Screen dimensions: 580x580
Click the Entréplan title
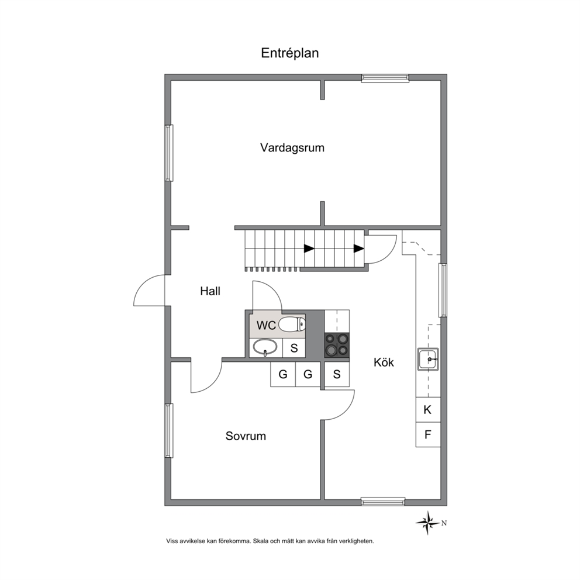coord(289,53)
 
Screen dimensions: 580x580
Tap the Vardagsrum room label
coord(292,147)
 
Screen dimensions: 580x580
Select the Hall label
coord(210,291)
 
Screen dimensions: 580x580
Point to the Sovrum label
coord(246,436)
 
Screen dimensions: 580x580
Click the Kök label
coord(384,362)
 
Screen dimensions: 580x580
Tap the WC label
coord(266,325)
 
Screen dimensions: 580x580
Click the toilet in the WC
coord(292,324)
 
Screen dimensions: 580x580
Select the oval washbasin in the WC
coord(265,348)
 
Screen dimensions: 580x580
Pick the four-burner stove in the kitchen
coord(337,345)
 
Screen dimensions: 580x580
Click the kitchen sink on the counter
coord(429,359)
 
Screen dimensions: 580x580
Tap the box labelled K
coord(428,410)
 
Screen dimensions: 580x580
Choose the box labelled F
coord(428,434)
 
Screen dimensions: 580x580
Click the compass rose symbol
coord(429,523)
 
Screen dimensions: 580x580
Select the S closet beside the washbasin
coord(294,348)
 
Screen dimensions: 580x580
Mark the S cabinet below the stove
coord(337,374)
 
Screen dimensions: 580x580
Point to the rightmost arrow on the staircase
coord(358,248)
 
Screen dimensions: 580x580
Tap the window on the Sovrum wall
coord(168,430)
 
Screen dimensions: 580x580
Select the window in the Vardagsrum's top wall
coord(385,78)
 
